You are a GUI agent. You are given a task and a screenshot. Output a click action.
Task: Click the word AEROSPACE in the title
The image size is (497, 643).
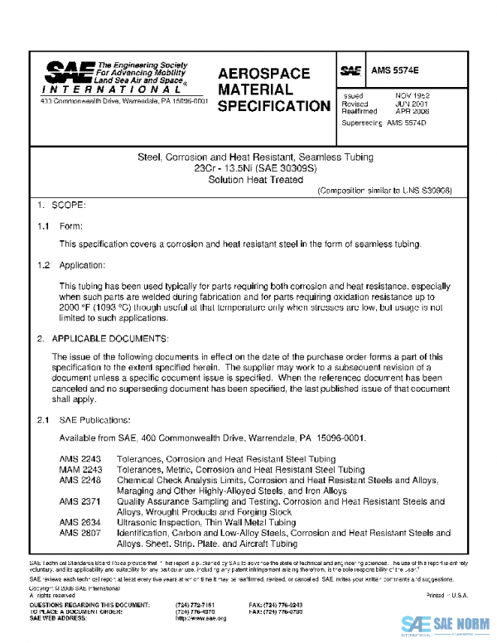click(x=263, y=74)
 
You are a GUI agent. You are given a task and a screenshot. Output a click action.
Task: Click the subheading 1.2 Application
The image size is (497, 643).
click(x=82, y=265)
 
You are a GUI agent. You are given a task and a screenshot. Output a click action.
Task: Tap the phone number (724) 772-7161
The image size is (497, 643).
click(x=195, y=606)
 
